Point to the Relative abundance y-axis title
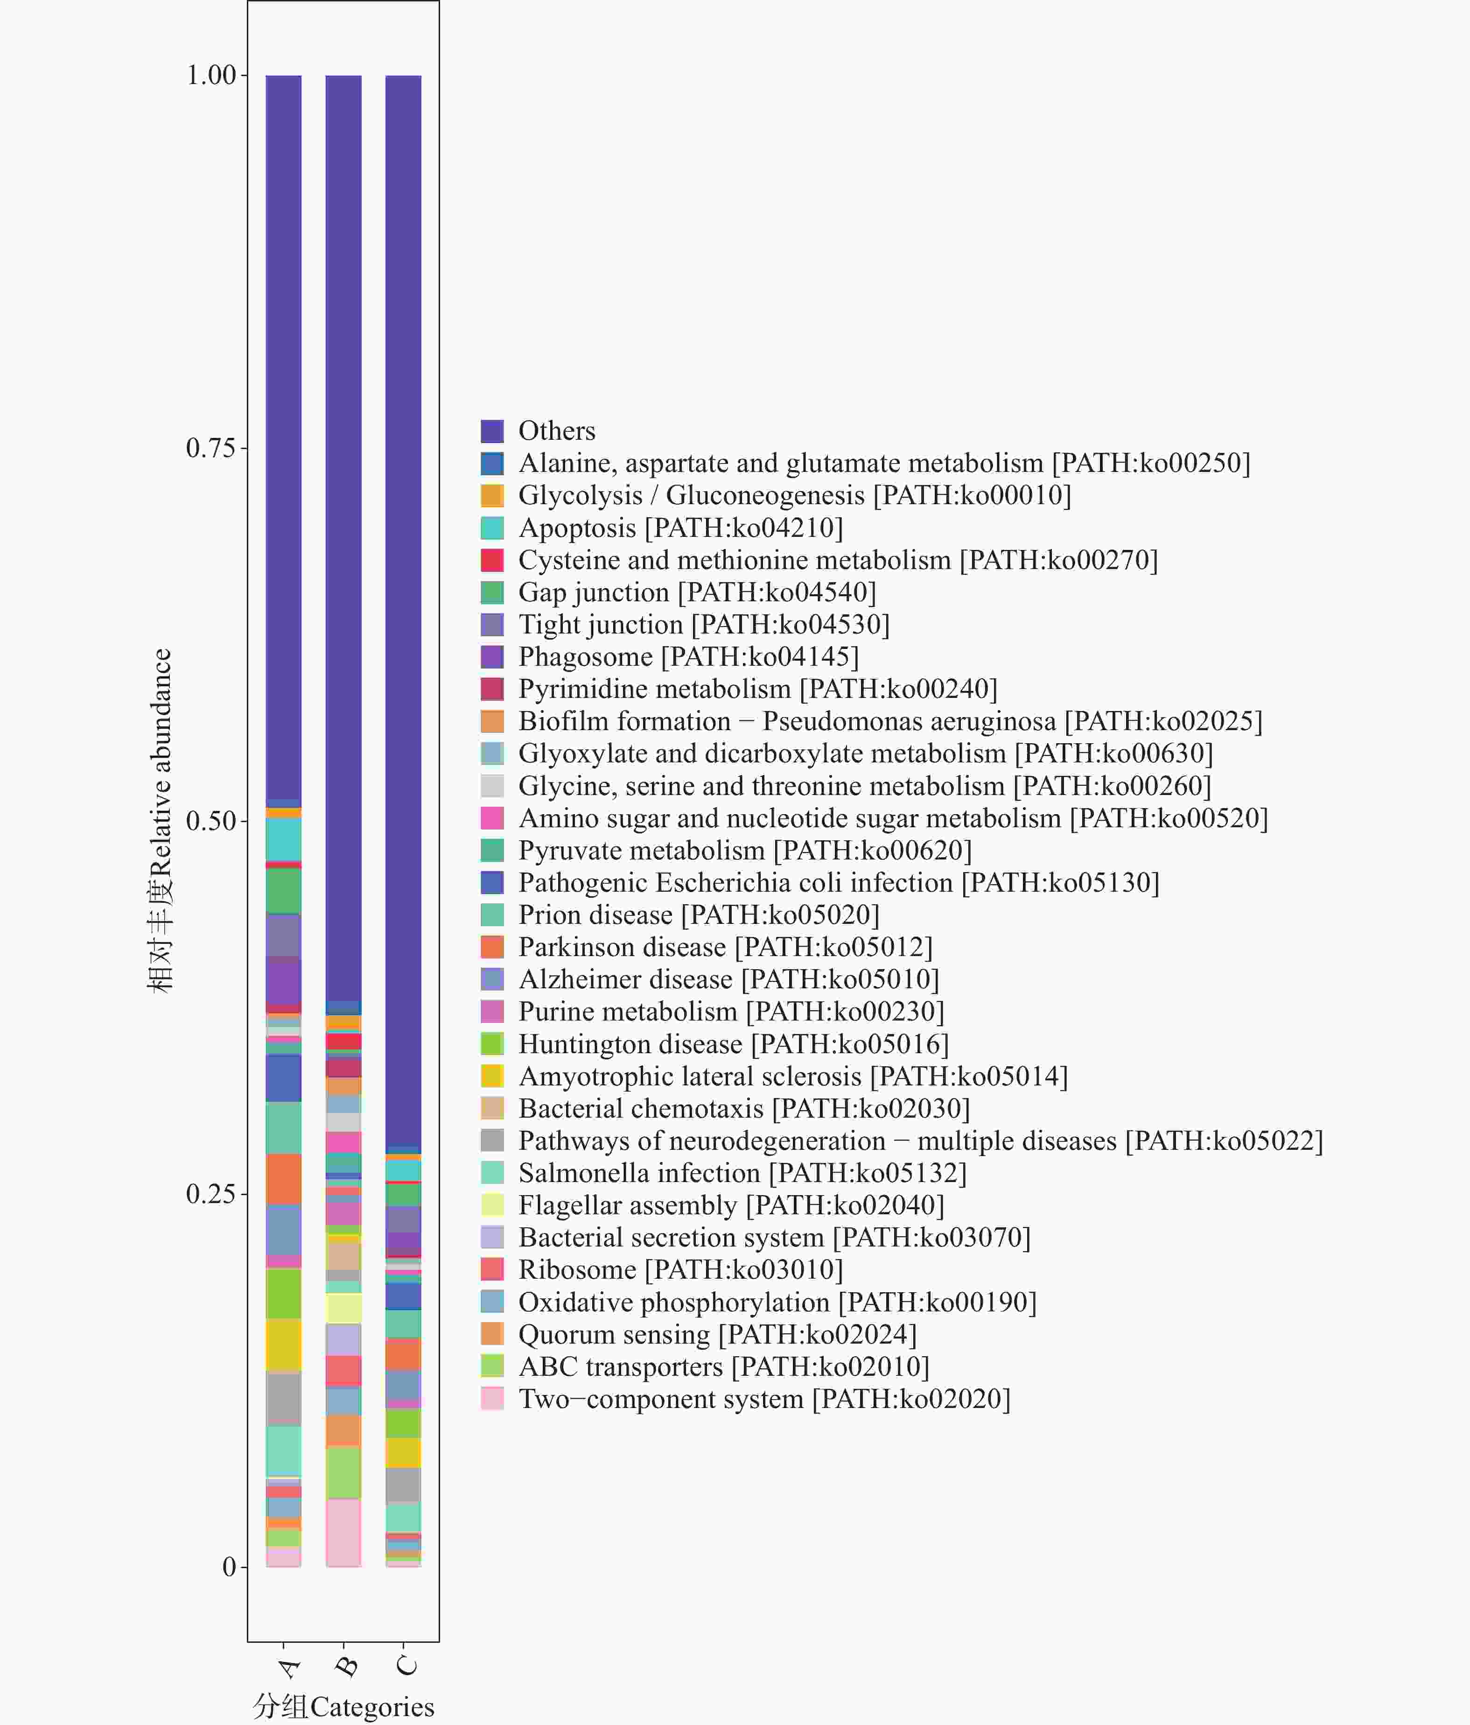pyautogui.click(x=160, y=821)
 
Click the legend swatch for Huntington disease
pyautogui.click(x=492, y=1044)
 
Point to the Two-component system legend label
pyautogui.click(x=763, y=1399)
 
